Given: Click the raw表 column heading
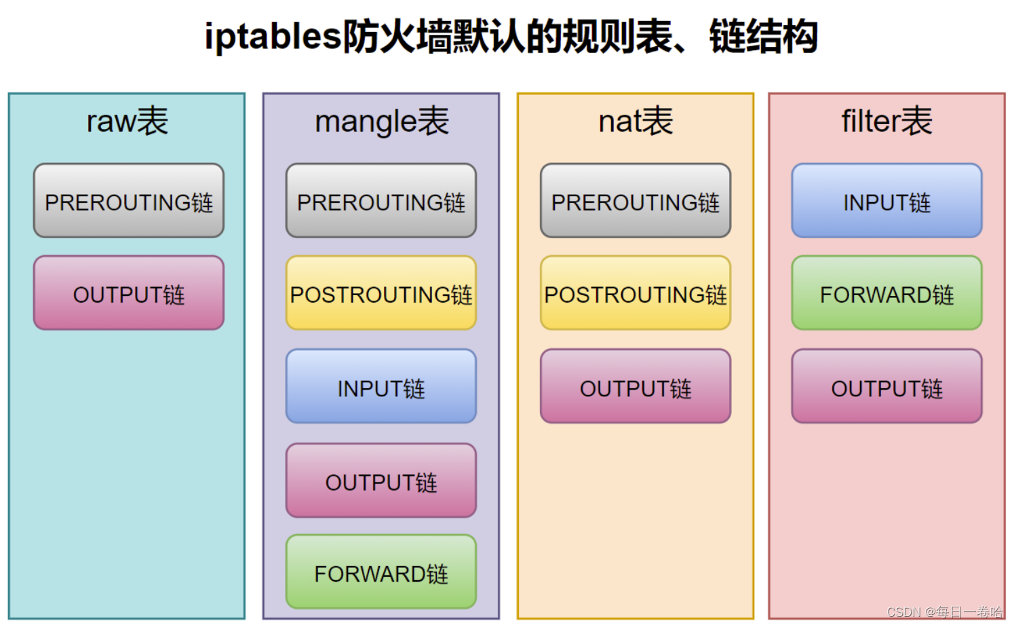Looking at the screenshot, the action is point(128,121).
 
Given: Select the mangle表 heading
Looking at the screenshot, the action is point(382,121).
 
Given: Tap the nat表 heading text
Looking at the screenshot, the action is point(636,121).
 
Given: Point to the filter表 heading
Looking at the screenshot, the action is point(886,121).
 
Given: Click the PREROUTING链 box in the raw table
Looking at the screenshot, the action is point(129,201).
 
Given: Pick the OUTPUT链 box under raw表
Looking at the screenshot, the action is point(129,293).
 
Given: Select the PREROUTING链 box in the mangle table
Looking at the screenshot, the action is point(381,201).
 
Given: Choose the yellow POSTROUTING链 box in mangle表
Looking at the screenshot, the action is point(381,293).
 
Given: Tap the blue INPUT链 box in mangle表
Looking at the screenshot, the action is point(381,387).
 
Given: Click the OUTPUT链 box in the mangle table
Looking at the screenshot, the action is point(381,480).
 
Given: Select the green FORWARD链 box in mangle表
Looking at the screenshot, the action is point(381,572).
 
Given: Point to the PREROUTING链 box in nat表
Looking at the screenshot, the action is point(636,201).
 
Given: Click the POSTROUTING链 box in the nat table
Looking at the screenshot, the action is point(636,293).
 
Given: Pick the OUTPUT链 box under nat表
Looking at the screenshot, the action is point(636,387).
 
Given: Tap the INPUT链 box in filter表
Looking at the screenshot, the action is point(886,201).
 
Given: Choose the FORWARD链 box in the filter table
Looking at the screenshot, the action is point(886,293).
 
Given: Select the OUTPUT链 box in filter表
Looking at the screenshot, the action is point(886,387).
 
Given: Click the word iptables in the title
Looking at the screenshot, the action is point(273,37).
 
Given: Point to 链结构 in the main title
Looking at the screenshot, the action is point(764,37).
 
